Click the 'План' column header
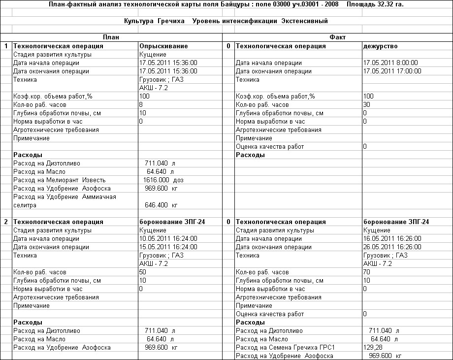pos(111,37)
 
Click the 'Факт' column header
pos(337,37)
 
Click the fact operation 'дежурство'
pos(380,46)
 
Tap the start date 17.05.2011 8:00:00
pos(390,63)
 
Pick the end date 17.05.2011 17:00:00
pos(391,71)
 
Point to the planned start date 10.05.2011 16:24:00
pos(168,239)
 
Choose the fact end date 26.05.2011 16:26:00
pos(392,247)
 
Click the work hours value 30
pos(366,105)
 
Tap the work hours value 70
pos(366,272)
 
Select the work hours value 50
pos(143,272)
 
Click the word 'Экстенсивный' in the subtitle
pos(305,21)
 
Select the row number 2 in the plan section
pos(6,222)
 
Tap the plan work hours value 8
pos(141,105)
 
